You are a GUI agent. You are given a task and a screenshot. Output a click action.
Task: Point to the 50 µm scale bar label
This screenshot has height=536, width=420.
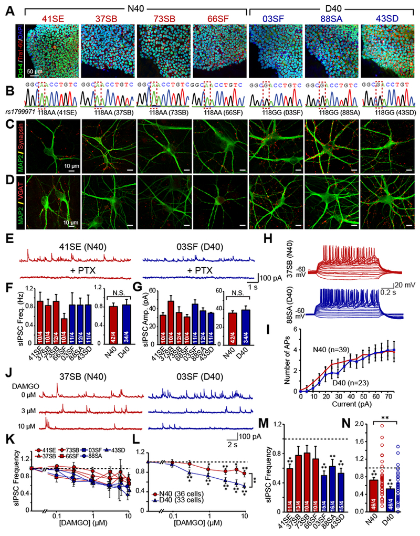click(36, 70)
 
